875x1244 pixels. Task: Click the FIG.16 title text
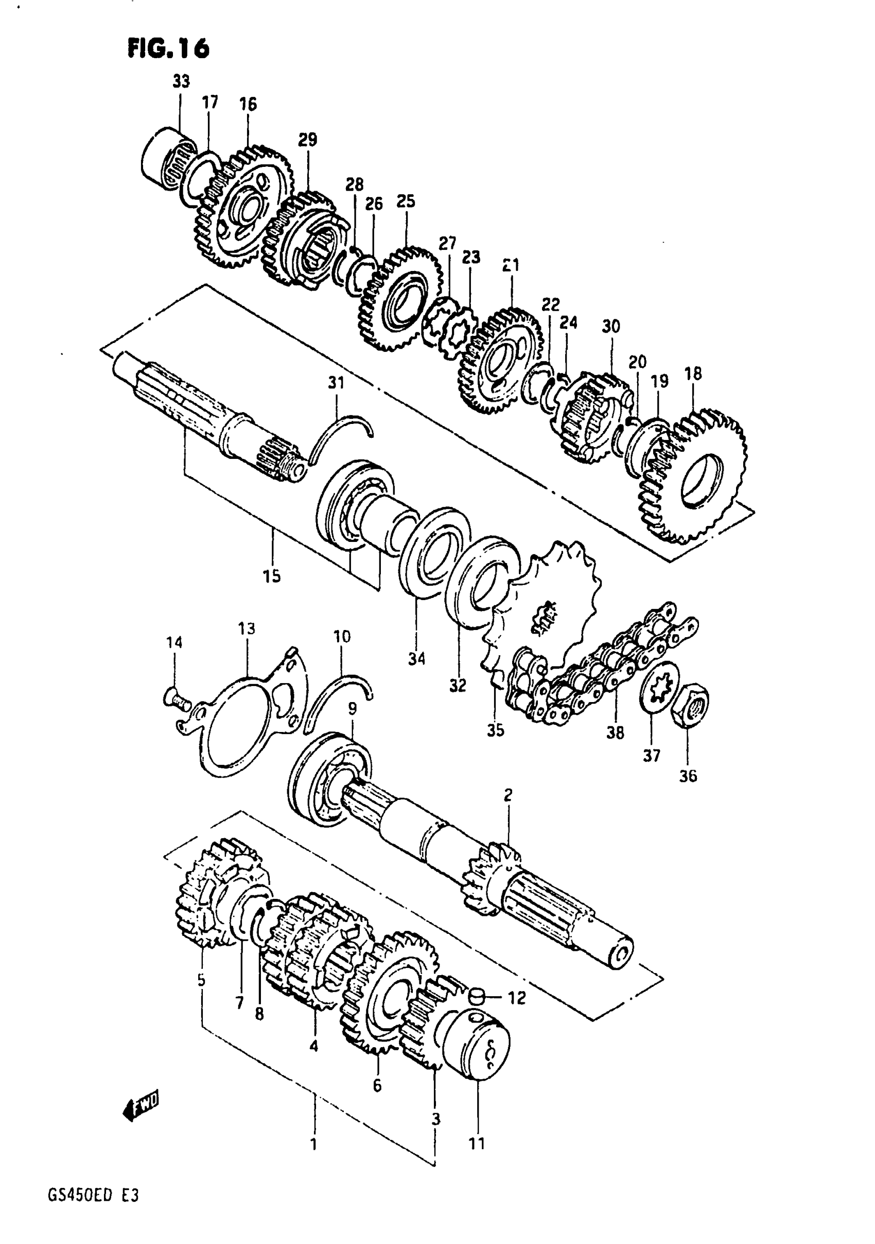pos(168,49)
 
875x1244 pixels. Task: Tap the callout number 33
pos(181,82)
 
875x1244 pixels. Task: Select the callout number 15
pos(272,576)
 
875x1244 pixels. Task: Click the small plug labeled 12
pos(476,994)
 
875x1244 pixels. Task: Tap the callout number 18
pos(692,374)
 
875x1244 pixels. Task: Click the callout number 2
pos(507,795)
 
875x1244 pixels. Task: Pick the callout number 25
pos(406,201)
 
